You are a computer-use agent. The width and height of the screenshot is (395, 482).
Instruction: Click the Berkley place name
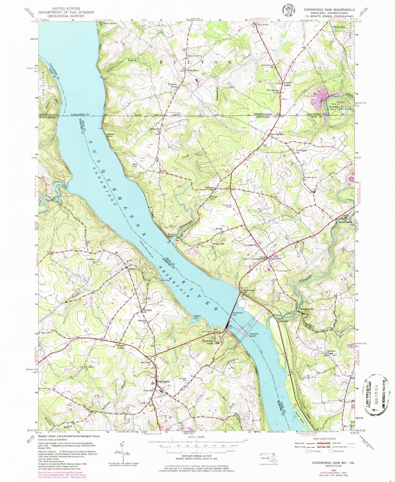[148, 310]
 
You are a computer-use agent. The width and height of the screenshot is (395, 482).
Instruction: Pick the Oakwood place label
[210, 187]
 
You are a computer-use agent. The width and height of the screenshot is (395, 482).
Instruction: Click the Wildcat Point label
[110, 135]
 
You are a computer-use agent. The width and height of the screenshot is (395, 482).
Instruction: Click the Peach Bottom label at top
[109, 24]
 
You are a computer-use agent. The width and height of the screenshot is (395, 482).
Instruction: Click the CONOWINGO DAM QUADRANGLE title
[329, 10]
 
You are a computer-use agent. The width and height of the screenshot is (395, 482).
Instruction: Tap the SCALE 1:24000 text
[196, 437]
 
